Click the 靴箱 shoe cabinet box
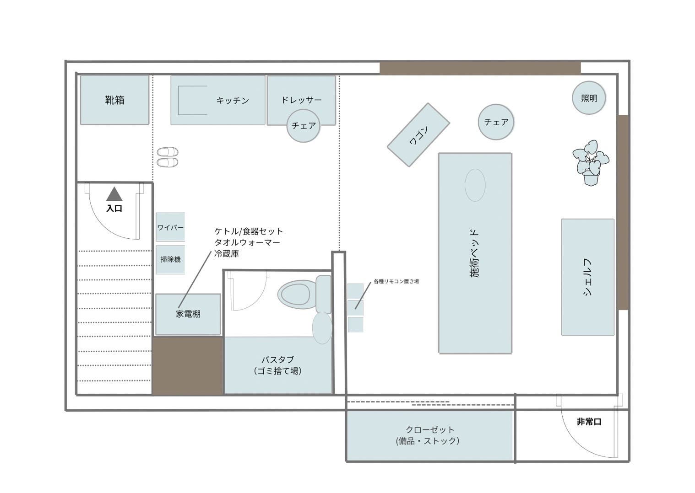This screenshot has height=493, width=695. [x=114, y=100]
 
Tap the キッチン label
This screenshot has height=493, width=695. [x=233, y=100]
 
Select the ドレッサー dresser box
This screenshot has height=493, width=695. [x=301, y=94]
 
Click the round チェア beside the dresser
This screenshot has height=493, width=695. [x=304, y=125]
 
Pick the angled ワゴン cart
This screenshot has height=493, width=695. [x=418, y=135]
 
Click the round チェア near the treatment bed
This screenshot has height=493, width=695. [x=496, y=122]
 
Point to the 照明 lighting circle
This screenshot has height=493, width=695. [x=589, y=98]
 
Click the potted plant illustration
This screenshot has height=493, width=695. [x=591, y=162]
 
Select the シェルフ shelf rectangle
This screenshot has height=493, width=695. [x=588, y=277]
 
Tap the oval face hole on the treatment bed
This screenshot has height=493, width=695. [x=475, y=185]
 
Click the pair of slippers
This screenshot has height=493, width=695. [x=168, y=157]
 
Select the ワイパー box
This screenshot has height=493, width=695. [x=170, y=227]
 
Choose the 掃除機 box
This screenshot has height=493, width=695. [x=170, y=259]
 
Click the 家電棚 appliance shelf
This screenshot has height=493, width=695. [x=188, y=314]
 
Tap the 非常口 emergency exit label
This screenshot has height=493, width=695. [x=589, y=422]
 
